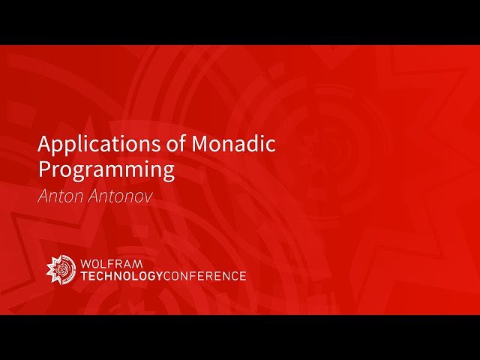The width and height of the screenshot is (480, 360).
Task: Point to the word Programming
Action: [106, 169]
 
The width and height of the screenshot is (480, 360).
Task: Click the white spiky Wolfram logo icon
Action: [61, 269]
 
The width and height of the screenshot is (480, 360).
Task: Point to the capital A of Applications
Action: [44, 143]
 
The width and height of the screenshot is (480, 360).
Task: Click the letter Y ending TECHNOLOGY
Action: [158, 276]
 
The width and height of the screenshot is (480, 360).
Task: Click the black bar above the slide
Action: [240, 22]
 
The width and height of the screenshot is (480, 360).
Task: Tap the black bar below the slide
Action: [240, 337]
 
